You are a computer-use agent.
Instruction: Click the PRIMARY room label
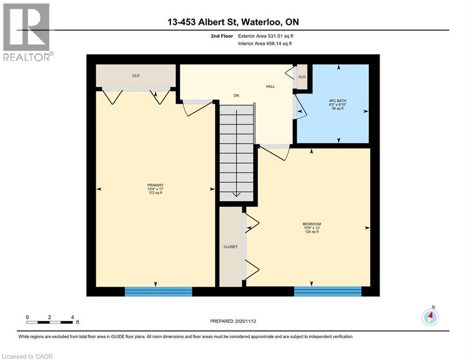pos(155,185)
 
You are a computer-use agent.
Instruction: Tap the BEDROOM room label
pos(311,224)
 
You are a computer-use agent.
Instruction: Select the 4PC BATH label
pos(338,101)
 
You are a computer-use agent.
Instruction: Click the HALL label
pos(270,86)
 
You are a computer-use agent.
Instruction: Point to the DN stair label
pos(237,96)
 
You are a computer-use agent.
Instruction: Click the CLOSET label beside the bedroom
pos(230,247)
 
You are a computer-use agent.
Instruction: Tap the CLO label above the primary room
pos(136,76)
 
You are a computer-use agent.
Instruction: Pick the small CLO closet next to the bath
pos(302,77)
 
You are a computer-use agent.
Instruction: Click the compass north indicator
pos(430,317)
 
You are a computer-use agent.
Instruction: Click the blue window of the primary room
pos(158,292)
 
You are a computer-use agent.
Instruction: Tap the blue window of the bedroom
pos(327,292)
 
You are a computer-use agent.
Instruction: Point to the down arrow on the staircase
pos(237,193)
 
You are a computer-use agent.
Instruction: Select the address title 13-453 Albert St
pos(233,22)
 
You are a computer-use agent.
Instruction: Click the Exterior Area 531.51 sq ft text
pos(266,36)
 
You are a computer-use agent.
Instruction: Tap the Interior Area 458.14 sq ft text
pos(266,44)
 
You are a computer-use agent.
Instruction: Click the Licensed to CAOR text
pos(28,356)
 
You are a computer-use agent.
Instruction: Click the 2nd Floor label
pos(222,36)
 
